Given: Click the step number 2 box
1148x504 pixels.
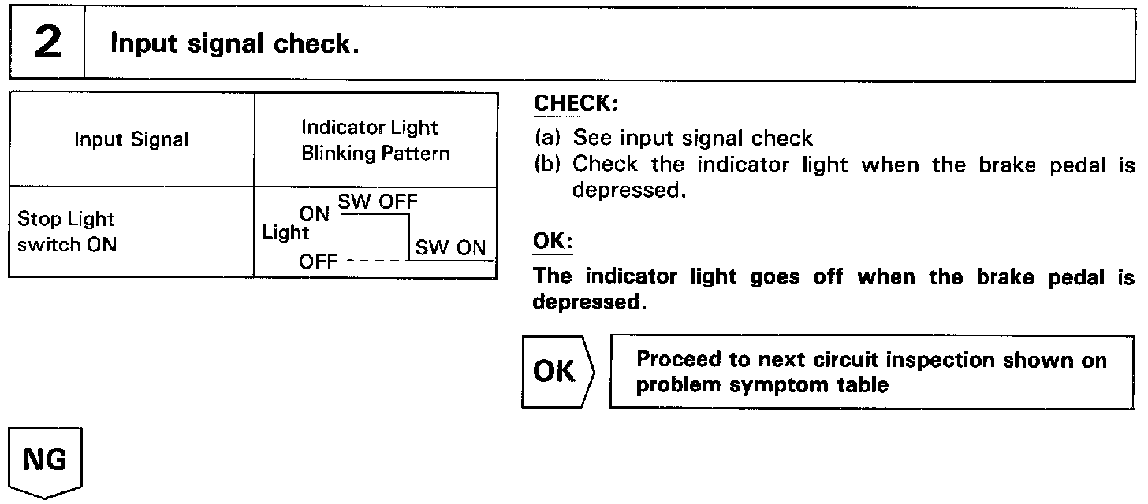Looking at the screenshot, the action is click(x=47, y=43).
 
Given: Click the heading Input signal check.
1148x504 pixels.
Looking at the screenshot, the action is click(x=234, y=44).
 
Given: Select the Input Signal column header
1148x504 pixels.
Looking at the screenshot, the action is click(x=132, y=140).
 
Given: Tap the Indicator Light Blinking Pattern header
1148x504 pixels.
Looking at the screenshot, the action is click(x=375, y=140).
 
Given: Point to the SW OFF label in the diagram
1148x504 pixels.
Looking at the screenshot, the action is click(x=377, y=202).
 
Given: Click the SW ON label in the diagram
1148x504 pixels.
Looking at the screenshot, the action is click(x=450, y=248).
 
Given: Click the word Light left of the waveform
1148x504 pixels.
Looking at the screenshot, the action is click(x=285, y=233).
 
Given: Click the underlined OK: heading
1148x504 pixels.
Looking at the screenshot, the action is click(x=552, y=242).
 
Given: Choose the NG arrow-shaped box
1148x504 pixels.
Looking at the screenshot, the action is click(x=46, y=461).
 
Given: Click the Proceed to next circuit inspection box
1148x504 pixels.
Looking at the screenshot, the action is click(x=871, y=372).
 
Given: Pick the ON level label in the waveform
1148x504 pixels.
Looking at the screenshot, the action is click(x=315, y=213).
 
